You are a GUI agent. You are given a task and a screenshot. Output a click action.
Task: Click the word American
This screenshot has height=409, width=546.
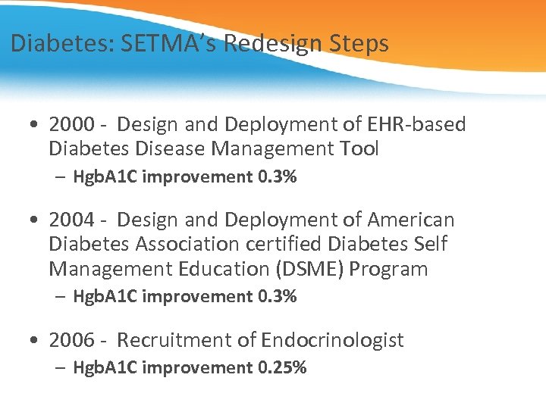[411, 220]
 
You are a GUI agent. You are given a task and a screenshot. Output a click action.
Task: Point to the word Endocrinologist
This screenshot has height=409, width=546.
[332, 340]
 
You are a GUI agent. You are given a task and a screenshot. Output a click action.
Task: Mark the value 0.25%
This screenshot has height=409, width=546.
[282, 368]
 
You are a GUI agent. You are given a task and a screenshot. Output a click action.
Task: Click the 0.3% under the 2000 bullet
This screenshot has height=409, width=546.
[278, 177]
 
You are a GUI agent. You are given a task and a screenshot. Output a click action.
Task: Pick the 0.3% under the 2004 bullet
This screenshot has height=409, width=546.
[278, 297]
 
